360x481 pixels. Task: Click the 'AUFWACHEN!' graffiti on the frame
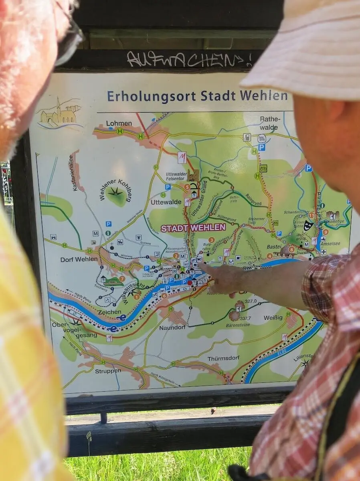[x=189, y=59]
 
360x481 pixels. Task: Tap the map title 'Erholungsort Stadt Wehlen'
[x=197, y=96]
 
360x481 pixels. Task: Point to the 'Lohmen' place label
[x=119, y=123]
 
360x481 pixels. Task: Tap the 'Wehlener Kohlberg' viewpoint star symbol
[x=116, y=193]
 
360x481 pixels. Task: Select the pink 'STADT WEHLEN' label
[x=193, y=228]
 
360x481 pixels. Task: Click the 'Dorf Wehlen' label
[x=79, y=259]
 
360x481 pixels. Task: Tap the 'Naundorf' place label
[x=173, y=327]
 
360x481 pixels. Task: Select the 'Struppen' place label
[x=108, y=371]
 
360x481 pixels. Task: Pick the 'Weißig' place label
[x=273, y=317]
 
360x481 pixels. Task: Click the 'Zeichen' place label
[x=109, y=311]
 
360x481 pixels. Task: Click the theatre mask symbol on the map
[x=307, y=225]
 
